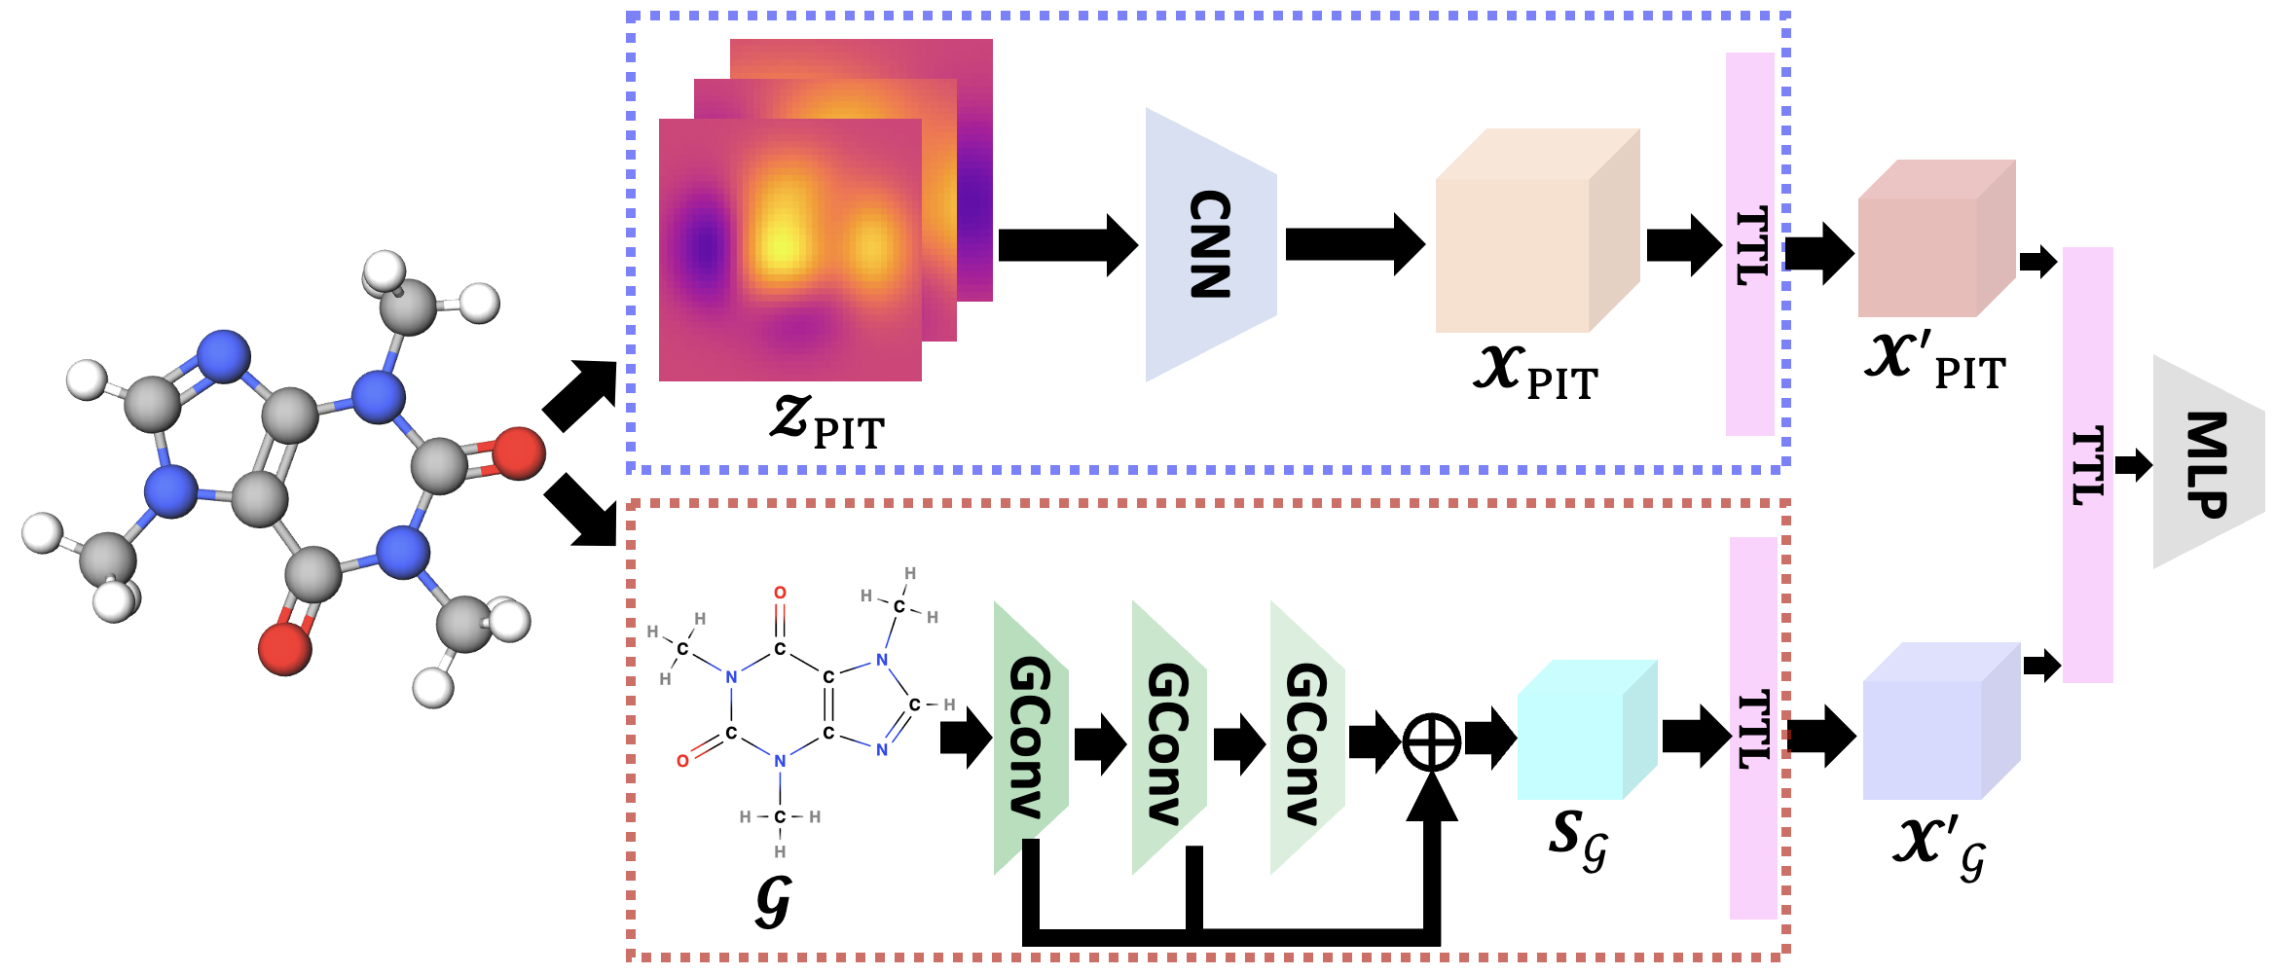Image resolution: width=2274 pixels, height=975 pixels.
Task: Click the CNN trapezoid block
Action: click(1210, 244)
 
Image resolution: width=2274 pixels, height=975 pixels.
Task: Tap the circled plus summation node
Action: click(1431, 742)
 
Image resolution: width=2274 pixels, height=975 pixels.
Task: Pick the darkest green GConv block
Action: click(1030, 738)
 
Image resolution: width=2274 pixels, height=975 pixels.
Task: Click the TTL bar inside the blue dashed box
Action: click(1750, 244)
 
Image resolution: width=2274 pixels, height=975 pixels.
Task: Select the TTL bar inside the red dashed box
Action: click(1753, 728)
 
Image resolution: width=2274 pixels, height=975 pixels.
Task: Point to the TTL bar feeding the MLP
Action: click(2087, 465)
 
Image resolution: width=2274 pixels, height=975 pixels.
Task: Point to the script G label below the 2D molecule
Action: click(773, 903)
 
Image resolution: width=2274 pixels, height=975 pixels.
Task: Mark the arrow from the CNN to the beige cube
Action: click(1354, 244)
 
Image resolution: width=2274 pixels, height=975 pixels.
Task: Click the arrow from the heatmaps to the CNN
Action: click(1067, 244)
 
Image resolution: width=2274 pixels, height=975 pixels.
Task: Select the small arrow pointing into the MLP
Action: click(2134, 465)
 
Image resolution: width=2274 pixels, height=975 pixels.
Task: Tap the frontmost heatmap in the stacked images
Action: click(789, 250)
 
